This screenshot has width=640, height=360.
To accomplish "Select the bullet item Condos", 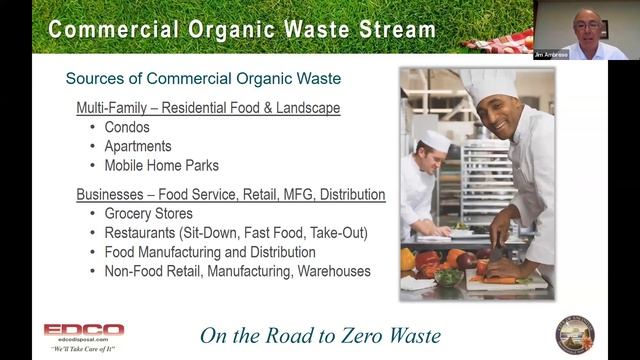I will tap(127, 128).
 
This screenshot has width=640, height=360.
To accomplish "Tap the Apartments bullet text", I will tap(138, 146).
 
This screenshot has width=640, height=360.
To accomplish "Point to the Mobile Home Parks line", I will tap(161, 165).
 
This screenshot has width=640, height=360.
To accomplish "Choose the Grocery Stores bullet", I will tap(149, 213).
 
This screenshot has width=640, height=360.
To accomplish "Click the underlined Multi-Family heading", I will tap(119, 107).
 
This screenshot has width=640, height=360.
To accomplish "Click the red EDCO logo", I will tap(84, 329).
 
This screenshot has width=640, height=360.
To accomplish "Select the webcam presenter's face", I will tap(585, 25).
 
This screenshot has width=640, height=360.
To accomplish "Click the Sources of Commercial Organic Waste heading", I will tap(203, 78).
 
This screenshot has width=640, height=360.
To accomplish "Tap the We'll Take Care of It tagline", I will tap(83, 347).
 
